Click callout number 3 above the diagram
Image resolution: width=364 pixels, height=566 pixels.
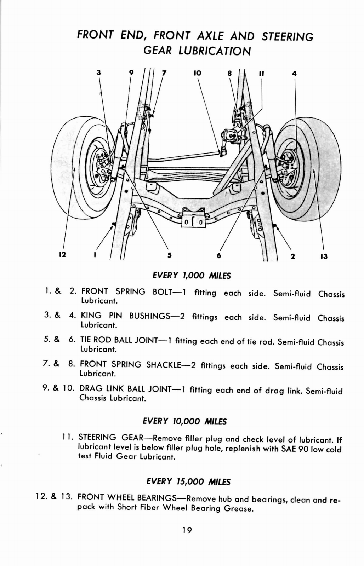99,73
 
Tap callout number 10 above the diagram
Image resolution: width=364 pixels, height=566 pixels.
197,73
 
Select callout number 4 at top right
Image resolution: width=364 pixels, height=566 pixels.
294,74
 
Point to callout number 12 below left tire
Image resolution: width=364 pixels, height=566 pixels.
62,254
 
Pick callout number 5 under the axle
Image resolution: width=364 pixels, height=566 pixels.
169,255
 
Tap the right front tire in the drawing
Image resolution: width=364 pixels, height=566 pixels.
319,170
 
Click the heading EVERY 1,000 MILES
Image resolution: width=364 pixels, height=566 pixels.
191,276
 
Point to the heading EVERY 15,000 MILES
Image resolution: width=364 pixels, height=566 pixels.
188,481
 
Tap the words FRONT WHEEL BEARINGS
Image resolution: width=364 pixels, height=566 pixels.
127,498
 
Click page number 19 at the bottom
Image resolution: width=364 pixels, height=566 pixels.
187,530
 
